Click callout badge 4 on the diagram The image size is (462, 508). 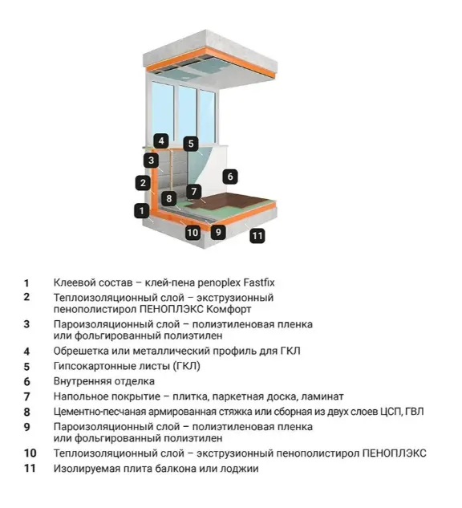[161, 141]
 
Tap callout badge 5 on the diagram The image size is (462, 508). [191, 144]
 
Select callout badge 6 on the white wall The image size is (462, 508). [230, 177]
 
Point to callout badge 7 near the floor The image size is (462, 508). [194, 192]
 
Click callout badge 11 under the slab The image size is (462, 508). [257, 235]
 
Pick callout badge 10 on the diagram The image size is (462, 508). [192, 232]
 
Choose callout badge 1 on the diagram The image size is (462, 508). [141, 210]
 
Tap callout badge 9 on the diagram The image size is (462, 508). [218, 232]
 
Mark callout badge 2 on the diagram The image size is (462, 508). [143, 183]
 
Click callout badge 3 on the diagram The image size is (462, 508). [152, 160]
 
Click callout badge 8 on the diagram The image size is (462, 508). [168, 198]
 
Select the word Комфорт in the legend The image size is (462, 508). [229, 309]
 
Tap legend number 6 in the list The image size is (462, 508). [27, 382]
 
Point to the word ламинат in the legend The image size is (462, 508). [323, 396]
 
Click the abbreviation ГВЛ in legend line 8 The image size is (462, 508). [415, 412]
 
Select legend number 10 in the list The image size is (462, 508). [30, 453]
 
